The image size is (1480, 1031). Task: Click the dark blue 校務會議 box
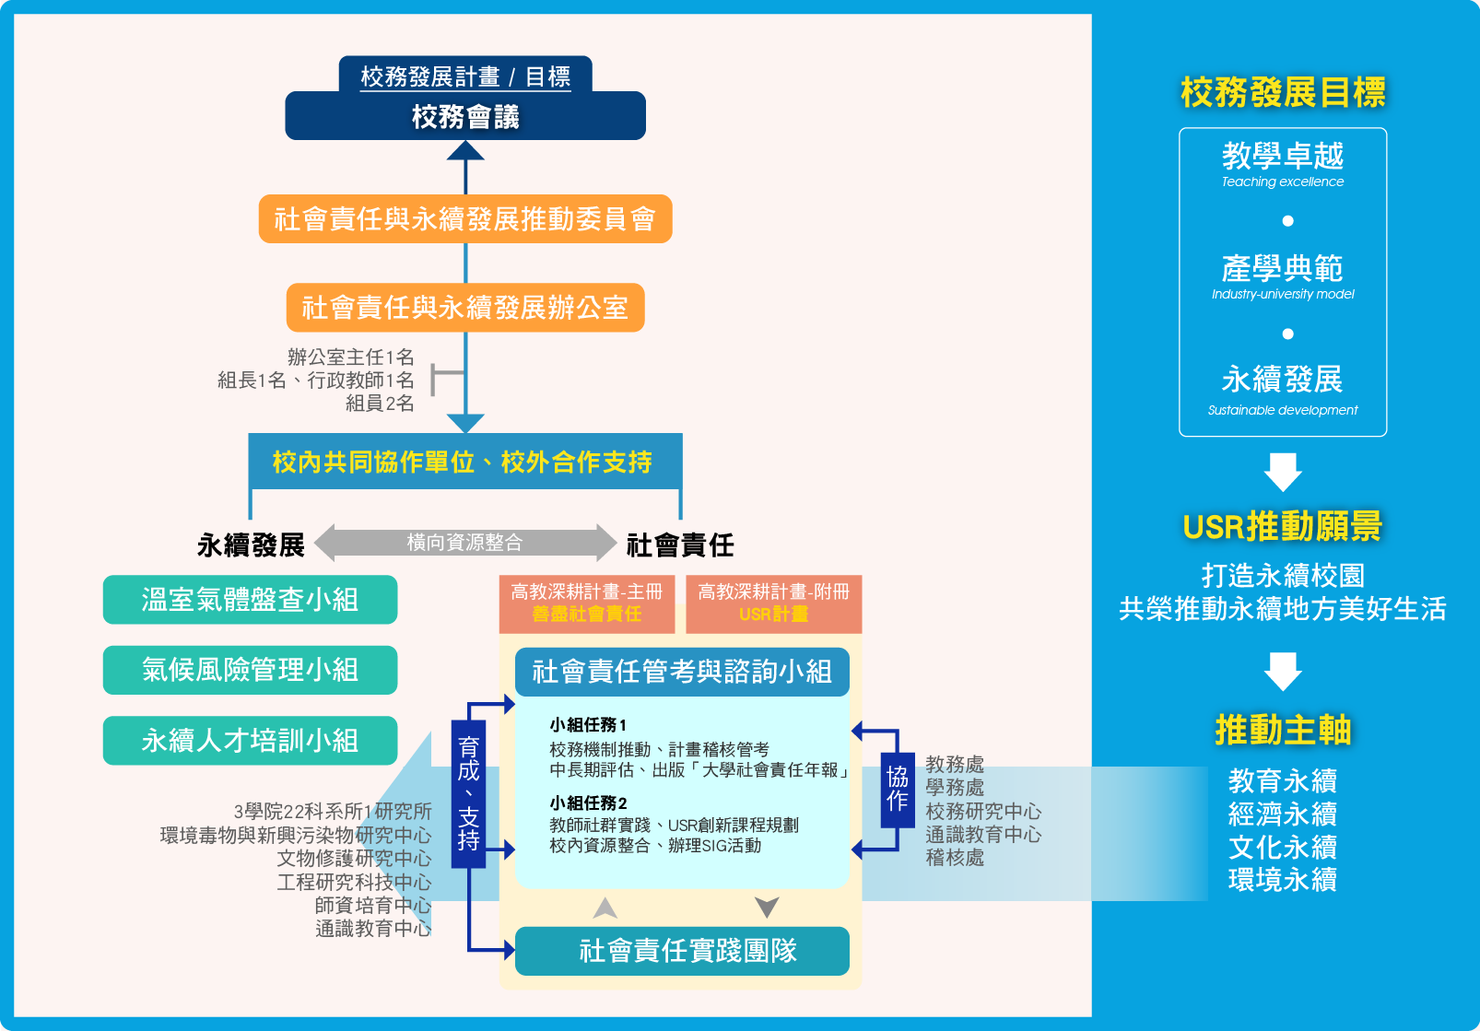coord(465,117)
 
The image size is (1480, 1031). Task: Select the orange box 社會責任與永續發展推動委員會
coord(465,219)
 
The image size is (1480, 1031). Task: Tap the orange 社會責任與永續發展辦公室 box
coord(465,308)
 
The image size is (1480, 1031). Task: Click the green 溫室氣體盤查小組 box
coord(250,600)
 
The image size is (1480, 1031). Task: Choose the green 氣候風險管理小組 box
coord(250,670)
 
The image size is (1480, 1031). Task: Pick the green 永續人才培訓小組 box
coord(250,741)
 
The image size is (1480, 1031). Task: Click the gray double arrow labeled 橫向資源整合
coord(464,543)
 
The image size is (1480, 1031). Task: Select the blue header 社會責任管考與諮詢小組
coord(682,672)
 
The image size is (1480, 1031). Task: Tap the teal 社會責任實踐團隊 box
coord(682,951)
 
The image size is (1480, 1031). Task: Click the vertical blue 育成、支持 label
coord(468,793)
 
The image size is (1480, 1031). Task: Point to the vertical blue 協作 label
coord(897,789)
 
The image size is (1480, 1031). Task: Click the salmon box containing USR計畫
coord(774,603)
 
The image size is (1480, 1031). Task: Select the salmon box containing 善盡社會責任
coord(587,603)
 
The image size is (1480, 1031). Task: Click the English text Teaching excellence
coord(1282,182)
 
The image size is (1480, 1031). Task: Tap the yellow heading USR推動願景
coord(1282,527)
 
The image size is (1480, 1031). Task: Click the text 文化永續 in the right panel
coord(1282,847)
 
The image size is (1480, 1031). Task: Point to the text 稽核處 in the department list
coord(955,858)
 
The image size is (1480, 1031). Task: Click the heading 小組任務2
coord(588,803)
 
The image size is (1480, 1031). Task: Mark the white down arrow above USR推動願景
coord(1283,472)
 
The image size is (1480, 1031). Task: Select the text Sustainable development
coord(1282,410)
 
